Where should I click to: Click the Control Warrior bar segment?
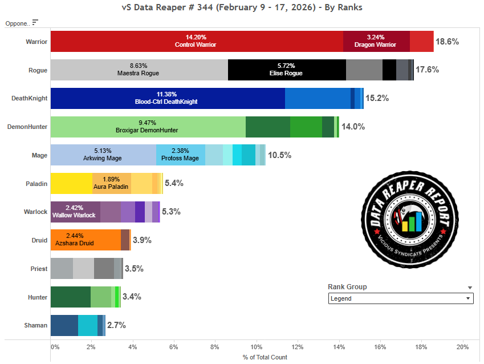197,42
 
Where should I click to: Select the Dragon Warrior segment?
376,42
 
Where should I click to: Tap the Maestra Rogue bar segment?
139,70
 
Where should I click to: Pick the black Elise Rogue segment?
287,70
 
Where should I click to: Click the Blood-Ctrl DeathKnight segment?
168,98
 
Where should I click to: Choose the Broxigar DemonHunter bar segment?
148,127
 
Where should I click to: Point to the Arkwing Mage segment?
103,155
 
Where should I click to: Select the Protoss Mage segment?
180,155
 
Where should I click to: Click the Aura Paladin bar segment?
112,183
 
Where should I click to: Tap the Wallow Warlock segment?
75,212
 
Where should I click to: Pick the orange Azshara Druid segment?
86,240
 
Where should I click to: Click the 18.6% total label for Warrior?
447,42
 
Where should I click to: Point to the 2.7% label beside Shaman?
116,325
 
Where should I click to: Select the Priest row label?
39,268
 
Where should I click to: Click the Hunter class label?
38,297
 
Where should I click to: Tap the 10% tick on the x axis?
257,347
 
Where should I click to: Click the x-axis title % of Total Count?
257,357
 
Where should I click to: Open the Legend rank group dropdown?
401,298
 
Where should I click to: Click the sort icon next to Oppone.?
35,22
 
